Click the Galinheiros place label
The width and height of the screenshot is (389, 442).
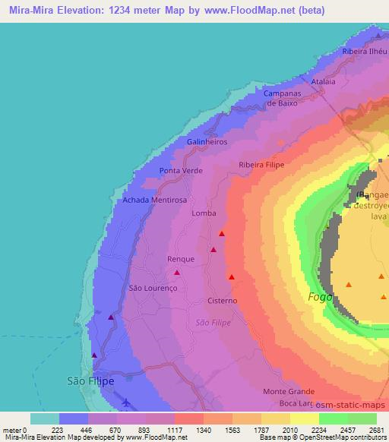click(207, 142)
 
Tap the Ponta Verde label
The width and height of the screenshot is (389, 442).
click(181, 171)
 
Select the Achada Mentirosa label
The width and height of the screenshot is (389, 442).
click(154, 200)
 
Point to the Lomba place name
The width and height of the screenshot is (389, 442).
click(204, 214)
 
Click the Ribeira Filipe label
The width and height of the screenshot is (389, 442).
click(261, 164)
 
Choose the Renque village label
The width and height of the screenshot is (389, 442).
click(181, 259)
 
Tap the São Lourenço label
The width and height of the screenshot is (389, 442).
click(153, 288)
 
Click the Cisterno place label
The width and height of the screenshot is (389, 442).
click(223, 301)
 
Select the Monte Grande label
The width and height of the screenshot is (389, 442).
click(285, 391)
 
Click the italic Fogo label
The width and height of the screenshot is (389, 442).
click(320, 297)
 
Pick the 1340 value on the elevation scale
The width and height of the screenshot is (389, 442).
click(204, 430)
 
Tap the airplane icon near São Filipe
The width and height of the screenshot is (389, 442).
click(125, 402)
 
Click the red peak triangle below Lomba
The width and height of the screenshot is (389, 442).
click(222, 234)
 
